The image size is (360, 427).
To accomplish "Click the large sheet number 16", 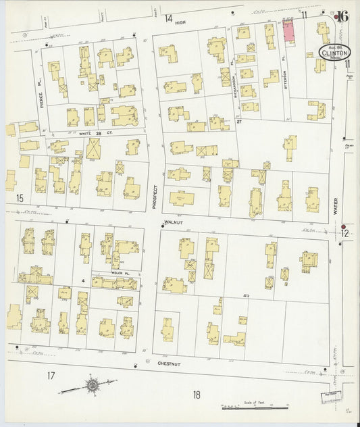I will (342, 16).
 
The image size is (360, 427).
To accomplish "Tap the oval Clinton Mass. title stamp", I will (331, 52).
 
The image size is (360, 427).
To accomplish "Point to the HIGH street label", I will (180, 22).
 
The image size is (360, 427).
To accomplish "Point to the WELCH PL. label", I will (120, 272).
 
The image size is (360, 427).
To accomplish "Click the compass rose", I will (91, 386).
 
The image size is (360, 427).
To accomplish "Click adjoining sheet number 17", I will (51, 375).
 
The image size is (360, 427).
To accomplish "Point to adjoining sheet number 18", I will (197, 395).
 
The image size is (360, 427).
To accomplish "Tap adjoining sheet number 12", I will (346, 233).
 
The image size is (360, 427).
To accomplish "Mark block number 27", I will (239, 122).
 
